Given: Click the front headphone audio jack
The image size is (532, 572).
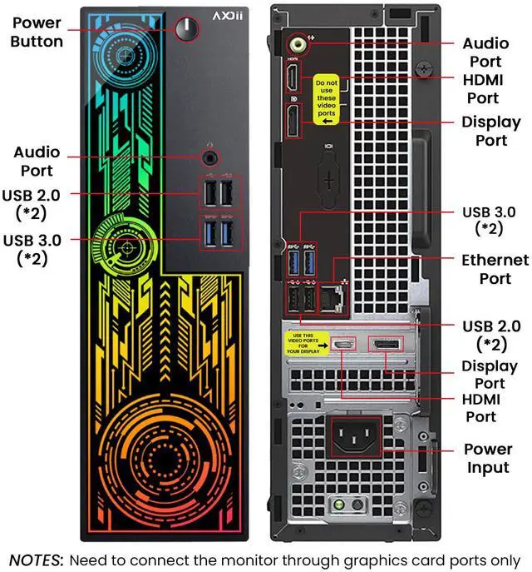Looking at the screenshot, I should pos(211,156).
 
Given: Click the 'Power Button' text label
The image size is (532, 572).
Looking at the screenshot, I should pos(37,32).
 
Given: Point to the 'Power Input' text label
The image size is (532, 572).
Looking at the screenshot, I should pos(487,459).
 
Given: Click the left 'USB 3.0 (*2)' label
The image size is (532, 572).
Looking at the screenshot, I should pos(36,249).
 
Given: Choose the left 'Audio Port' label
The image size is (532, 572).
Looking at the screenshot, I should pos(37,162).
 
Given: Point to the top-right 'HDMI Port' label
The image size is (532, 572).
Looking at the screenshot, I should pos(482,90).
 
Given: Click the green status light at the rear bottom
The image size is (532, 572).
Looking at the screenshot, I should pos(339,506).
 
